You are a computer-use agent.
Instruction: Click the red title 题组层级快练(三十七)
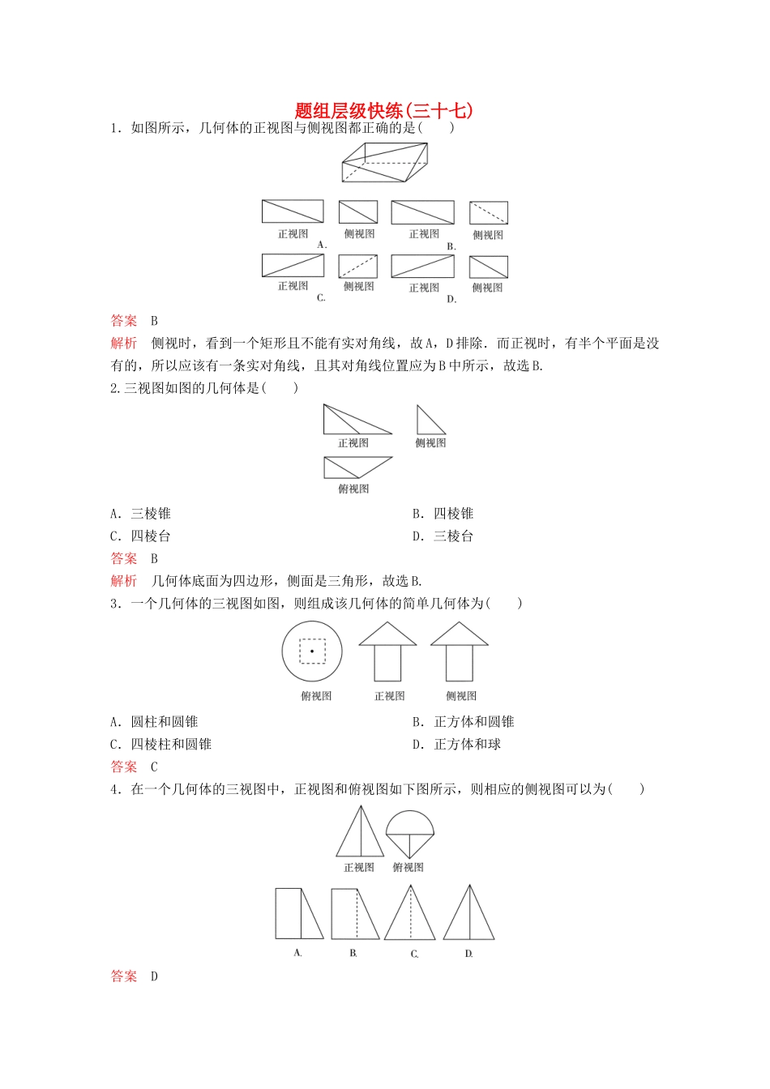coord(384,110)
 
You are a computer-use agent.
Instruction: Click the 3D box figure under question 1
coord(384,162)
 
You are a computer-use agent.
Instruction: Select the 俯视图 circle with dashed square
coord(312,651)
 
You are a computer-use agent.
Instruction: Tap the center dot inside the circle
coord(312,651)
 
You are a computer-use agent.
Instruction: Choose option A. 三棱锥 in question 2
coord(141,514)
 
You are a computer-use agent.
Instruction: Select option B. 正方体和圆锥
coord(464,722)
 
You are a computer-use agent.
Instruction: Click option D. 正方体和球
coord(457,745)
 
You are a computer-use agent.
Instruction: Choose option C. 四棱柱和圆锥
coord(161,745)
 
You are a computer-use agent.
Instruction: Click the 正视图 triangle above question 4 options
coord(360,833)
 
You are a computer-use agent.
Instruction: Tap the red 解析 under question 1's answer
coord(124,344)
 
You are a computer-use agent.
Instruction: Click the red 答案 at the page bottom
coord(124,976)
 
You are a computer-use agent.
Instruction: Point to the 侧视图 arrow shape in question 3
coord(460,651)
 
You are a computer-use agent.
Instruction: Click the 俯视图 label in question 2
coord(353,489)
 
